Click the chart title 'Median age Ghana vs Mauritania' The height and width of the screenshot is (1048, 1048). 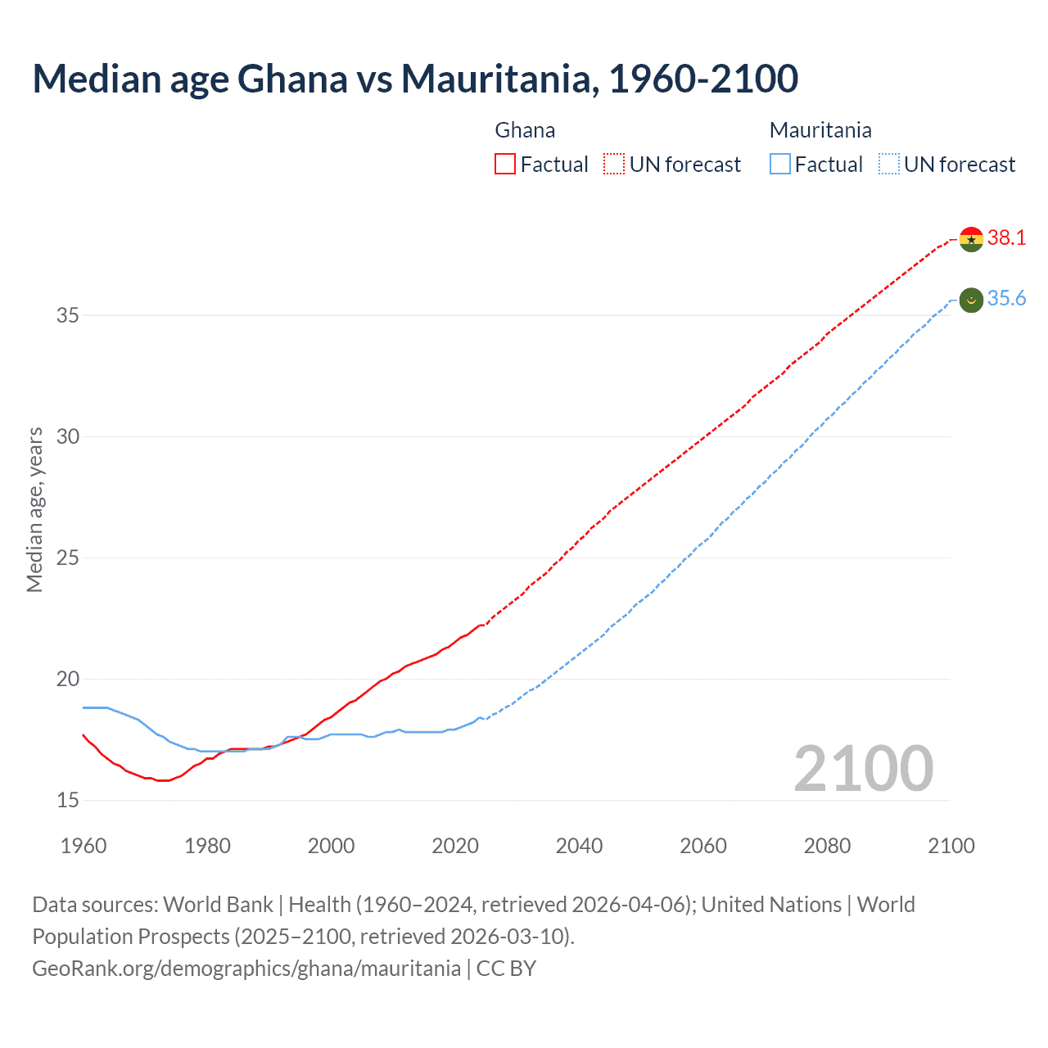pyautogui.click(x=414, y=79)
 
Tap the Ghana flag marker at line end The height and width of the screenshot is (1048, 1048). pyautogui.click(x=971, y=239)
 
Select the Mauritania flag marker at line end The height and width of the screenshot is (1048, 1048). pyautogui.click(x=971, y=300)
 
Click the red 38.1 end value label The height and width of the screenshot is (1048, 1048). pyautogui.click(x=1006, y=237)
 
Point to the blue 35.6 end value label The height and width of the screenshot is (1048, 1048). pyautogui.click(x=1006, y=299)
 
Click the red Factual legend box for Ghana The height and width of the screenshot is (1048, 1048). pyautogui.click(x=505, y=165)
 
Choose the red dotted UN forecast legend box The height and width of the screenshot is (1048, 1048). pyautogui.click(x=614, y=165)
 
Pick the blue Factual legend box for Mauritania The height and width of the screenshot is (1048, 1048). pyautogui.click(x=780, y=165)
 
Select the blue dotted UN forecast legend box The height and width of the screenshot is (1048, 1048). pyautogui.click(x=888, y=165)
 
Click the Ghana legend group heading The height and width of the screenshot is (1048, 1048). pyautogui.click(x=525, y=130)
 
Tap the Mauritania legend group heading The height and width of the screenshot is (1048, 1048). pyautogui.click(x=820, y=130)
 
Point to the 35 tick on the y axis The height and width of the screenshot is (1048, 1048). pyautogui.click(x=68, y=315)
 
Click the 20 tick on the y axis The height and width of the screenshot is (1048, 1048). pyautogui.click(x=68, y=679)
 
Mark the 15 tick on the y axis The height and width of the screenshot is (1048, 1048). pyautogui.click(x=68, y=800)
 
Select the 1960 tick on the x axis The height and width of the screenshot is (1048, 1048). pyautogui.click(x=84, y=846)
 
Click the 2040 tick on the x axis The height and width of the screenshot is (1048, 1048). pyautogui.click(x=579, y=846)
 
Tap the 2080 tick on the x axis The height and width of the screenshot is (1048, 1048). pyautogui.click(x=827, y=846)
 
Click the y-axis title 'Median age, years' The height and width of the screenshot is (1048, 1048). pyautogui.click(x=34, y=509)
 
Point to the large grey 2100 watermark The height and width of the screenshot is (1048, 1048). pyautogui.click(x=863, y=769)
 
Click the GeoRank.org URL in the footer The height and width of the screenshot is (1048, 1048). pyautogui.click(x=246, y=969)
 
